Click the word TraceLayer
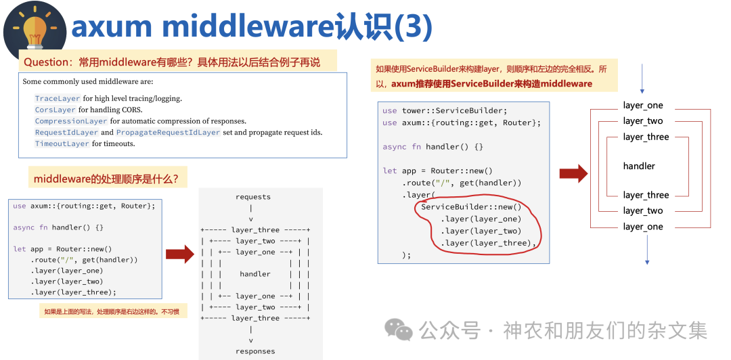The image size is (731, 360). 58,98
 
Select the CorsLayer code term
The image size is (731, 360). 56,110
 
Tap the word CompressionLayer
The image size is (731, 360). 71,121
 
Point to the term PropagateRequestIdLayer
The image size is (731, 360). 168,133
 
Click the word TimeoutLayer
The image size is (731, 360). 62,143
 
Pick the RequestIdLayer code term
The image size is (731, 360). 66,133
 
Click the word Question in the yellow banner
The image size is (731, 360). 48,62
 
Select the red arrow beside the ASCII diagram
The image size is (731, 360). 179,254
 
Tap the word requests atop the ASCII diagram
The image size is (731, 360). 253,197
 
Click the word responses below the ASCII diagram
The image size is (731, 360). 255,351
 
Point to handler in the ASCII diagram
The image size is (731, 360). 255,274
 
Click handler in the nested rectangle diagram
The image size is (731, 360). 639,166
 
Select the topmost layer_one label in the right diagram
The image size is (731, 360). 643,106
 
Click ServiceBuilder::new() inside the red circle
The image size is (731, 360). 471,206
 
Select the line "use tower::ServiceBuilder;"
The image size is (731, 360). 444,110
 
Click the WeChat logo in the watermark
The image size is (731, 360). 399,330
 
